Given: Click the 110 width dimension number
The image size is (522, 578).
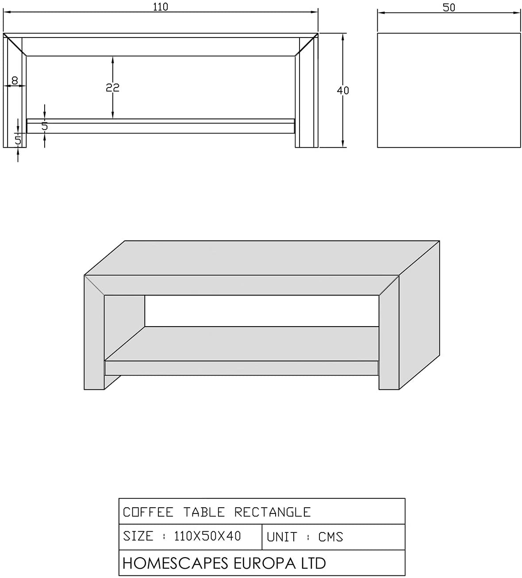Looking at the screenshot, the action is click(161, 7).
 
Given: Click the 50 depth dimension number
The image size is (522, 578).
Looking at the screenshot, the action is click(449, 8).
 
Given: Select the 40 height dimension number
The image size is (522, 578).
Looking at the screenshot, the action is click(343, 91).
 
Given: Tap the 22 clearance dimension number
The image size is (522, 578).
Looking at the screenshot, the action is click(112, 87).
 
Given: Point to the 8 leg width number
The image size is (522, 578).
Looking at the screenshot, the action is click(15, 80).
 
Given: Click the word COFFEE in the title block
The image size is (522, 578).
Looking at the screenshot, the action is click(148, 512).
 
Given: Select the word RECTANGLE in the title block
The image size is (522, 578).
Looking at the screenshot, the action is click(273, 512).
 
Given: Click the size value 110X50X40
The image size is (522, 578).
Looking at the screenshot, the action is click(207, 536).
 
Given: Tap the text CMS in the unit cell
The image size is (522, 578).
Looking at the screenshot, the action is click(331, 537).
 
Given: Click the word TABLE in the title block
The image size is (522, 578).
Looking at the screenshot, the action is click(204, 512).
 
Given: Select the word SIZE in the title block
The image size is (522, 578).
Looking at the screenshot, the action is click(138, 536).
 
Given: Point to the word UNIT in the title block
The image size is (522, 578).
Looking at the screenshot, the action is click(282, 537).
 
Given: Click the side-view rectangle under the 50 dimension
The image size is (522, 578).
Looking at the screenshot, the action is click(449, 90).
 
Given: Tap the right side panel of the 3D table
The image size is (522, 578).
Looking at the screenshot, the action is click(419, 315).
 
